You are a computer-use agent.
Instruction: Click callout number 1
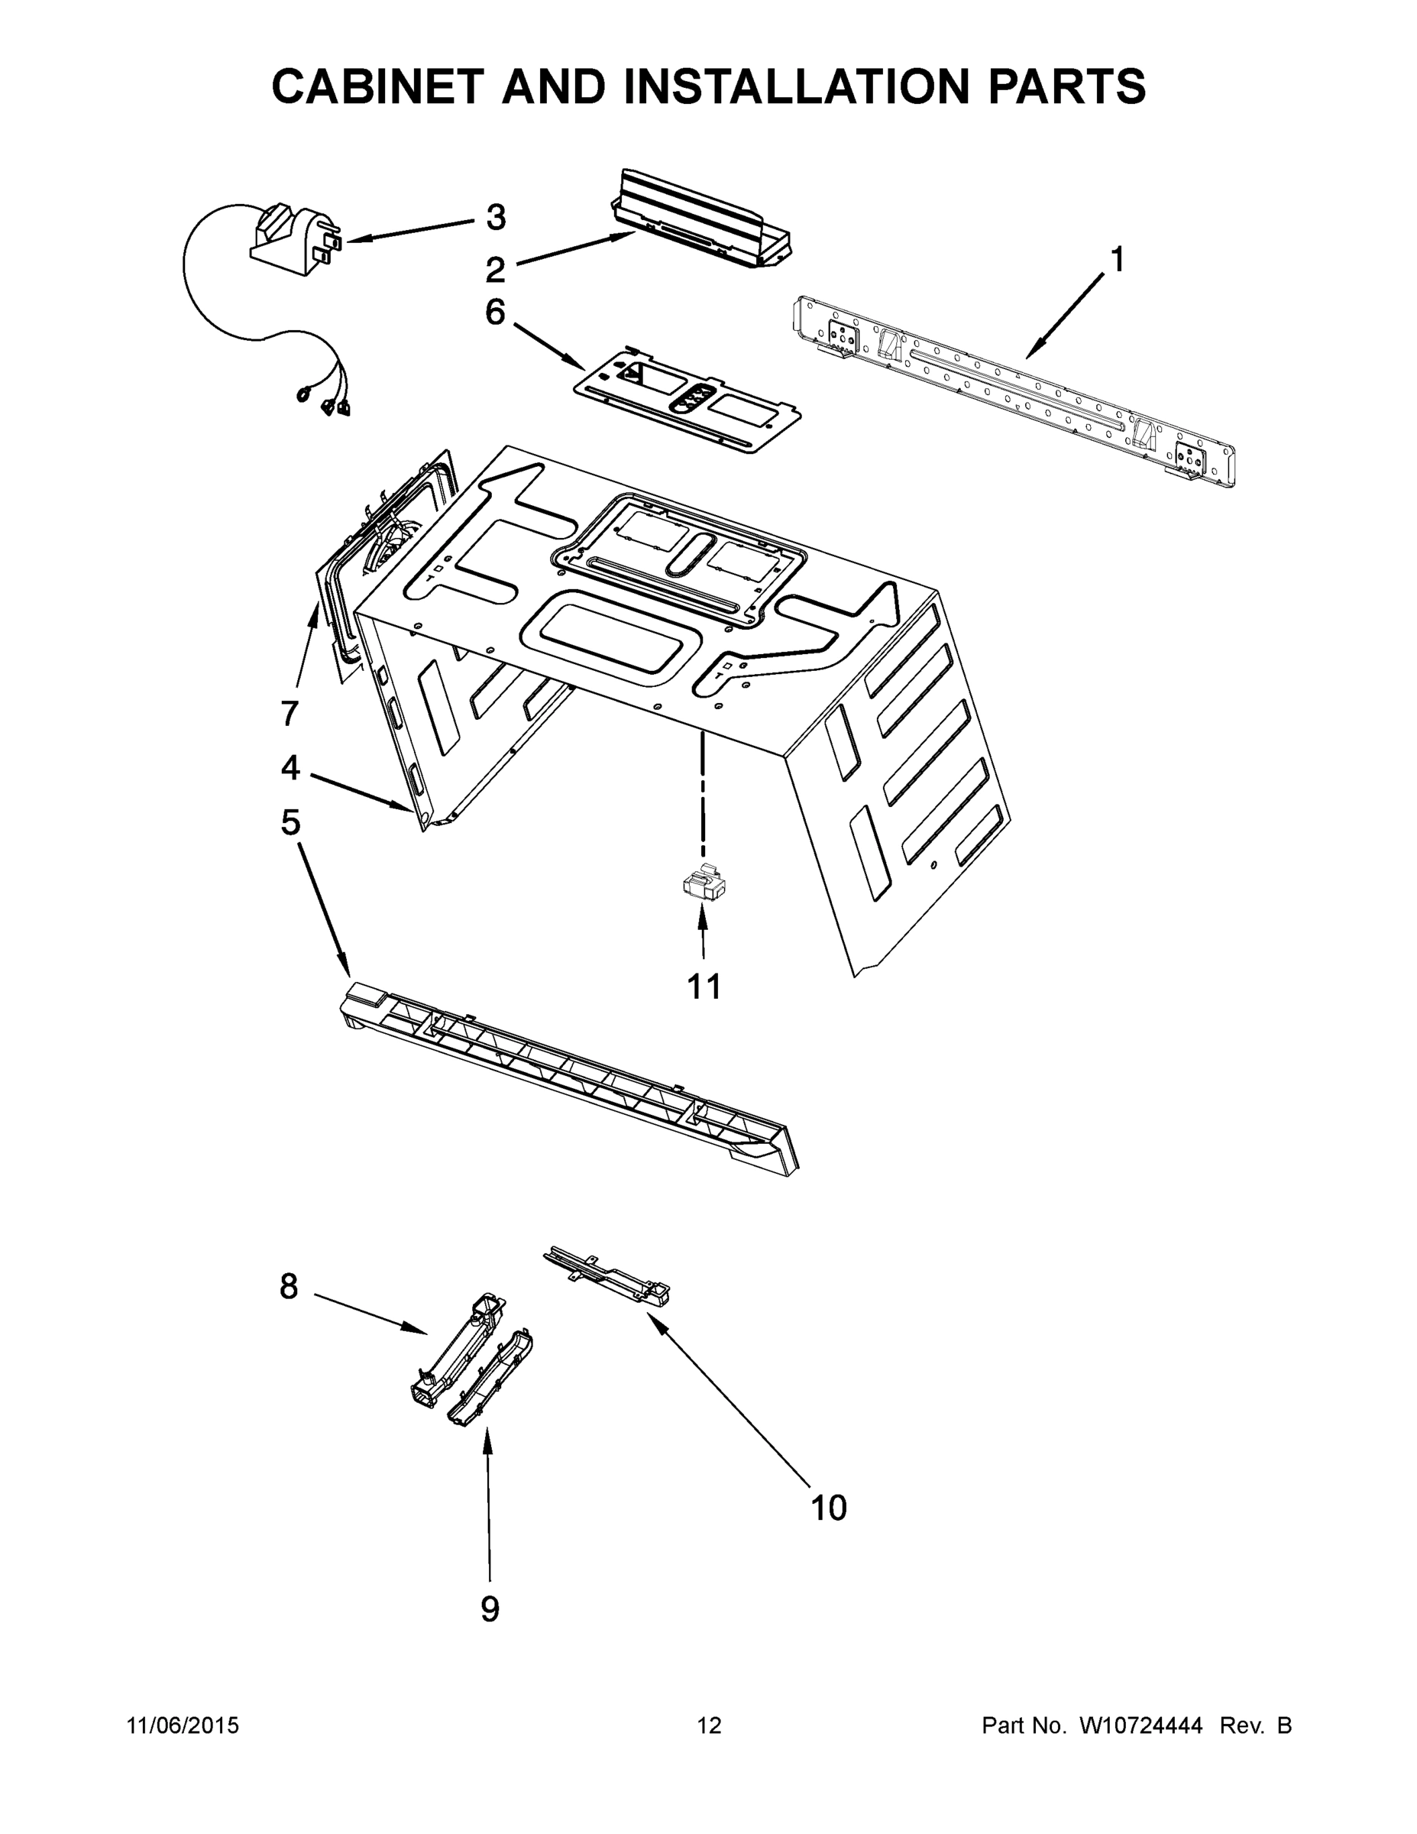pyautogui.click(x=1117, y=261)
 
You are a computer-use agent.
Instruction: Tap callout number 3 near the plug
pyautogui.click(x=496, y=218)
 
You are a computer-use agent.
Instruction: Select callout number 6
pyautogui.click(x=495, y=313)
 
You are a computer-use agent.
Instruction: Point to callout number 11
pyautogui.click(x=704, y=987)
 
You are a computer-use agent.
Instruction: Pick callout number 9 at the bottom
pyautogui.click(x=490, y=1609)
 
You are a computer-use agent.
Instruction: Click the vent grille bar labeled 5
pyautogui.click(x=571, y=1079)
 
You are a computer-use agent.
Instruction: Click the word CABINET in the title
pyautogui.click(x=379, y=86)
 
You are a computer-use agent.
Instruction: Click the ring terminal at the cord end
pyautogui.click(x=302, y=393)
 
